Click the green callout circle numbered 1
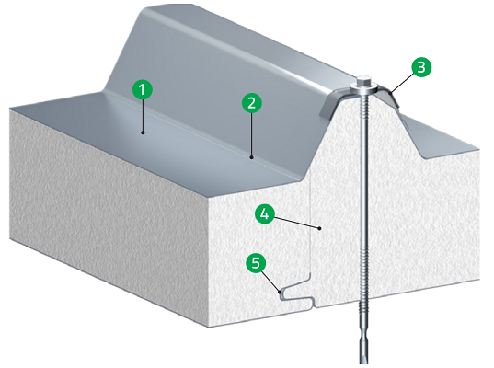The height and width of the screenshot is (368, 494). (x=142, y=89)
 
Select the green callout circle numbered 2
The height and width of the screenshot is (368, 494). (x=251, y=103)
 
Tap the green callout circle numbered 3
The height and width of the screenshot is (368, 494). (x=419, y=66)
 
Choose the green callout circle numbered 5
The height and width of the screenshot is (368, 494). (x=258, y=263)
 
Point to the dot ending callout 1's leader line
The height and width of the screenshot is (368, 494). (x=143, y=133)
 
